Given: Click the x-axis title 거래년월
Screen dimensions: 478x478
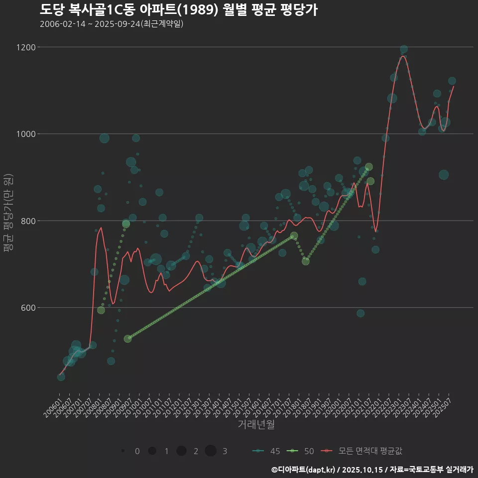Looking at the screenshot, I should click(256, 425).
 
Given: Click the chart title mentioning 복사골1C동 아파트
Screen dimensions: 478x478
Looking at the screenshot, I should click(178, 10).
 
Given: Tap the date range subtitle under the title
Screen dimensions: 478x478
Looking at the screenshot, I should click(112, 24).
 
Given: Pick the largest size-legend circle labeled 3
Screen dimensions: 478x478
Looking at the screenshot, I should click(211, 451).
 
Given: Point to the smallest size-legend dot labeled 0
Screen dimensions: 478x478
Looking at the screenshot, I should click(122, 451).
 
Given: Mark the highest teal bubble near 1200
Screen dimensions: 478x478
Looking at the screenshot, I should click(404, 49).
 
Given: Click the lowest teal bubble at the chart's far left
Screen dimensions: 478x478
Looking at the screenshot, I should click(61, 377).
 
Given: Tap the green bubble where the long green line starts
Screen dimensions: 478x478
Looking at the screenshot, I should click(127, 339).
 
